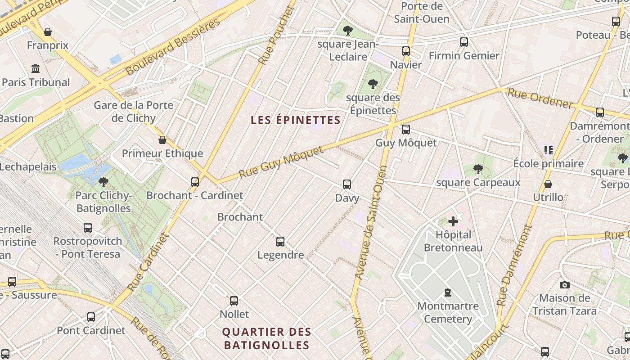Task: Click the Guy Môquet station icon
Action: click(x=406, y=130)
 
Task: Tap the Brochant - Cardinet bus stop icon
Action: click(x=195, y=182)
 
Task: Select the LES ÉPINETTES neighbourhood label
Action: click(x=295, y=120)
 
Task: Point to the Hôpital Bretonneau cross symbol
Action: click(x=453, y=221)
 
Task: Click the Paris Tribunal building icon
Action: click(x=36, y=69)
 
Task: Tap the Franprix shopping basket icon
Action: click(x=48, y=32)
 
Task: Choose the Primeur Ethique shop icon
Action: click(x=162, y=140)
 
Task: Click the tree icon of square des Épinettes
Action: click(x=373, y=84)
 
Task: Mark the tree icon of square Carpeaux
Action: click(x=478, y=169)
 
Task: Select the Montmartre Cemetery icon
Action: click(x=447, y=293)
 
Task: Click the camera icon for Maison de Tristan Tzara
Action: click(x=564, y=285)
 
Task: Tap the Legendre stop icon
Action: click(x=280, y=242)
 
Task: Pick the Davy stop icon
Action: click(x=347, y=184)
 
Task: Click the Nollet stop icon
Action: click(x=234, y=301)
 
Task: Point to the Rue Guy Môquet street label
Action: click(x=281, y=162)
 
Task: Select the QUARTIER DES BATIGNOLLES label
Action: click(x=266, y=338)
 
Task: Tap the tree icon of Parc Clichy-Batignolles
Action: click(x=103, y=182)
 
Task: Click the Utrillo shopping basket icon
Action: click(x=548, y=184)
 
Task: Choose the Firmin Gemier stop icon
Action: click(x=464, y=42)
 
